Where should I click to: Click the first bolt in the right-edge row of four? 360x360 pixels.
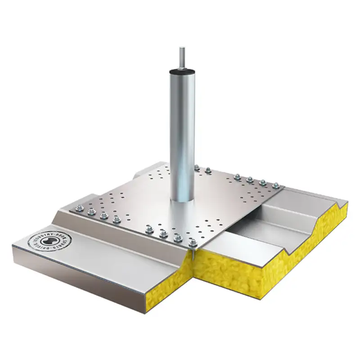[237, 176]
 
